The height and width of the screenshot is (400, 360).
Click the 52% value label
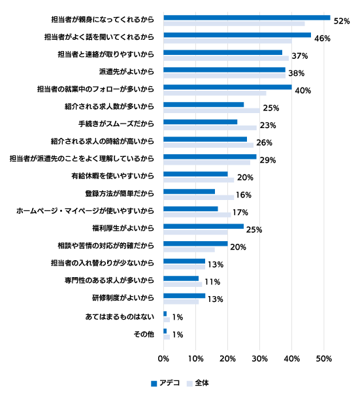tap(342, 21)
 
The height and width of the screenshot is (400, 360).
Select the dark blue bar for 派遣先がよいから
tap(224, 70)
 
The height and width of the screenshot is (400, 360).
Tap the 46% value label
tap(322, 39)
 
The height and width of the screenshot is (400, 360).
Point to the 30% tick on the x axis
tap(259, 359)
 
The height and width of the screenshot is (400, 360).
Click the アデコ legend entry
tap(165, 383)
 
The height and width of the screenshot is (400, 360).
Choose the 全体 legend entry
tap(198, 383)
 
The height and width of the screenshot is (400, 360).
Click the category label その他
tap(144, 334)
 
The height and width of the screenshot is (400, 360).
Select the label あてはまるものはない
tap(120, 317)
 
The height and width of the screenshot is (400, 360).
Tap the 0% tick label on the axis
tap(163, 359)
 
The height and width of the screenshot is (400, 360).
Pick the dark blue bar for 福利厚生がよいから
tap(203, 226)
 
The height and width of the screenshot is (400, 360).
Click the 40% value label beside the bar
tap(303, 91)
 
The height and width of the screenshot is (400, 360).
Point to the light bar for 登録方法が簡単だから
tap(199, 197)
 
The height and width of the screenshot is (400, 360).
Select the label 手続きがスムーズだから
tap(116, 124)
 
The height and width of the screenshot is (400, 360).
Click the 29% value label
tap(268, 160)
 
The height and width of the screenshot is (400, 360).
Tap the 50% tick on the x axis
tap(324, 359)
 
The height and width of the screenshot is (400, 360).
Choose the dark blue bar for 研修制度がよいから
tap(184, 296)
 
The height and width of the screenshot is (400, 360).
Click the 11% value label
tap(212, 282)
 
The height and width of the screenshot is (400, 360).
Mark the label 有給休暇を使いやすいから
tap(112, 176)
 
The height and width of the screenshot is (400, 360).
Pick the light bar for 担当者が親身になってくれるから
tap(234, 24)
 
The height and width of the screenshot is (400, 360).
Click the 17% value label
tap(240, 212)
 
